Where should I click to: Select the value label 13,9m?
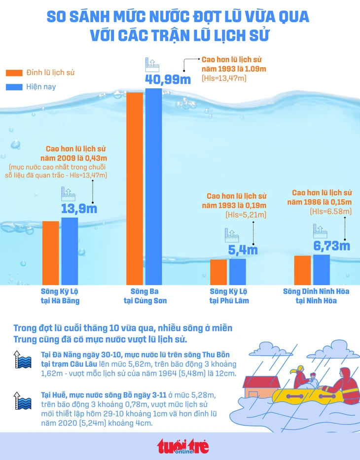click(79, 208)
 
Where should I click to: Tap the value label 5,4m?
click(243, 250)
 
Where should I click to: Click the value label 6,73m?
click(332, 246)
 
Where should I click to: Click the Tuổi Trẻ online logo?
click(183, 446)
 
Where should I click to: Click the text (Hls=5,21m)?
click(246, 214)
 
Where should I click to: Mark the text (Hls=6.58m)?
click(331, 212)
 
